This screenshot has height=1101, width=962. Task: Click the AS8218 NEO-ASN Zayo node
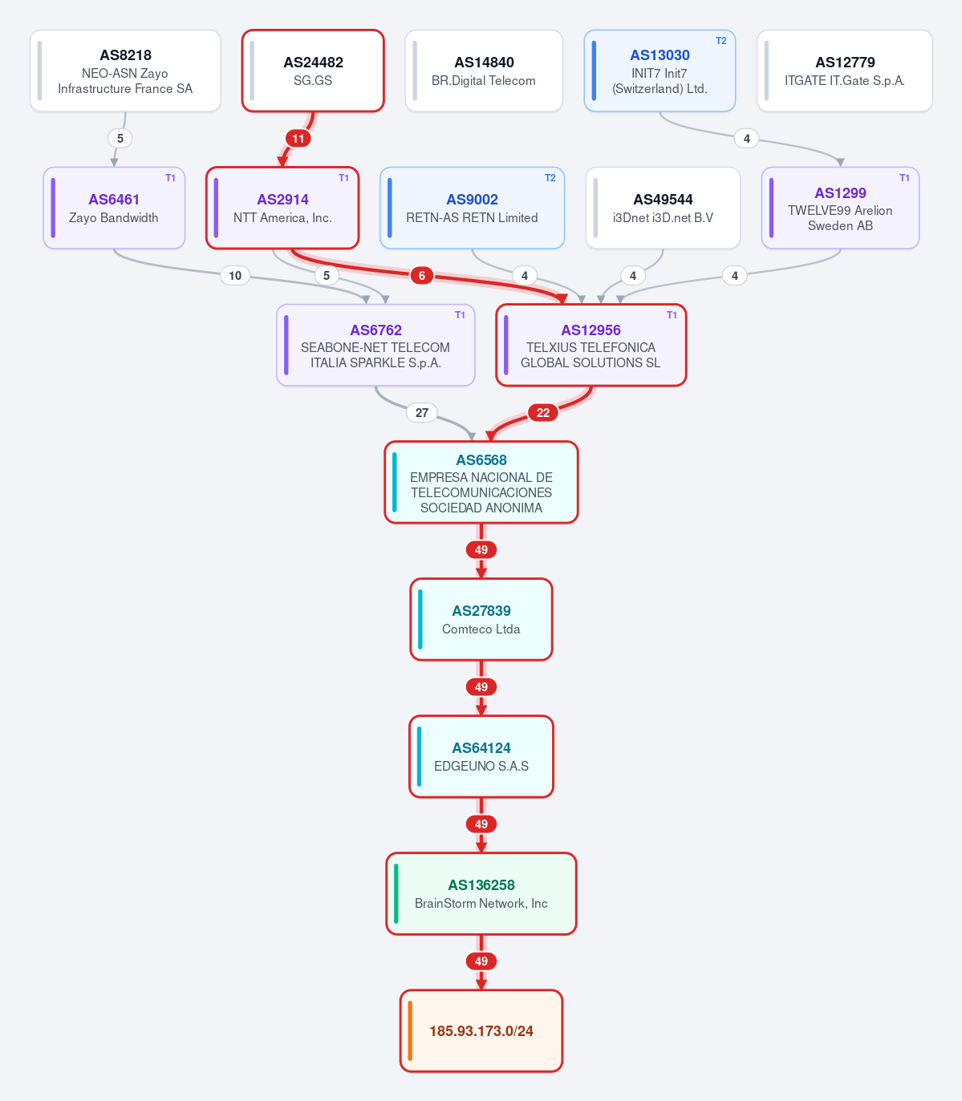(125, 71)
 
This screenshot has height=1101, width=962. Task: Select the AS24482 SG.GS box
(313, 71)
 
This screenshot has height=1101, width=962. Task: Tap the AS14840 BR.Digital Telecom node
(484, 71)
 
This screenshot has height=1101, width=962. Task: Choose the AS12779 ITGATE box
(844, 71)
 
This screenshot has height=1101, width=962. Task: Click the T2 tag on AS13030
(720, 41)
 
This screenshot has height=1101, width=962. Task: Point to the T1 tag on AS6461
(170, 178)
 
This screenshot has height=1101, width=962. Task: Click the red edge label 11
(298, 138)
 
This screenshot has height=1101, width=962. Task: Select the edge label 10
(235, 276)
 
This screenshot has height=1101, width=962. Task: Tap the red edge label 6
(421, 276)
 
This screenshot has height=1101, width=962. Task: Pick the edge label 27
(421, 413)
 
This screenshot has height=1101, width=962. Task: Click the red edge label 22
(542, 413)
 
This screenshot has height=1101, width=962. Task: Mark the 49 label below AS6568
(481, 550)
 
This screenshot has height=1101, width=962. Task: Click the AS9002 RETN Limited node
(472, 208)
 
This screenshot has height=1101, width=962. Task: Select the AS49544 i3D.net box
(663, 208)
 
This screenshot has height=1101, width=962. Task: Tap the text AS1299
(840, 193)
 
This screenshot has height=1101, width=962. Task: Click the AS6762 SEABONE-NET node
(375, 346)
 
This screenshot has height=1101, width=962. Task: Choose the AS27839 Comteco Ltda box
(481, 619)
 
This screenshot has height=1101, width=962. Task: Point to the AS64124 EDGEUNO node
(481, 757)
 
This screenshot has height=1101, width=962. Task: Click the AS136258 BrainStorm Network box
(481, 894)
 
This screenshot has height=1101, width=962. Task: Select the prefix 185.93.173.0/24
(481, 1031)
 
